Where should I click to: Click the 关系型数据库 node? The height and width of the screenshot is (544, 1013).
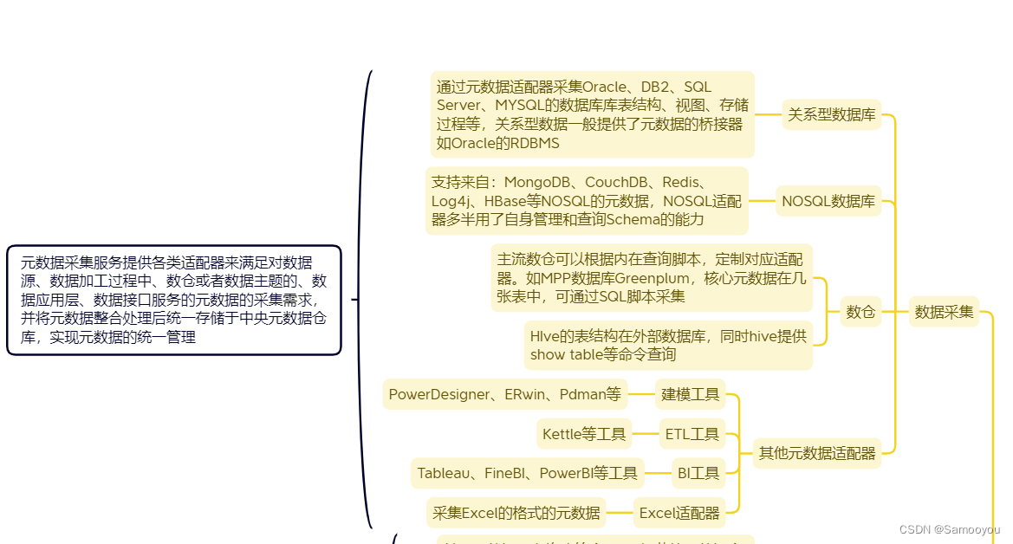click(x=831, y=114)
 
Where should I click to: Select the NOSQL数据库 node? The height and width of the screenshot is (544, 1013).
click(x=828, y=202)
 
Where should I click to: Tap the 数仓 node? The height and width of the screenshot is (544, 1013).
click(x=860, y=312)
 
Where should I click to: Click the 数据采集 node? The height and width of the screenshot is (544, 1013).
click(x=944, y=312)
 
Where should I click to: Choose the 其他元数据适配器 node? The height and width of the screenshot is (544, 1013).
click(x=817, y=452)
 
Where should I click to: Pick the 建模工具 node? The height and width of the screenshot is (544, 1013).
click(x=691, y=395)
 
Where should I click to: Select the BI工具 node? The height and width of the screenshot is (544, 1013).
click(x=698, y=473)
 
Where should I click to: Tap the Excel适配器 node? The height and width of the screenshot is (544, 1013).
click(x=679, y=513)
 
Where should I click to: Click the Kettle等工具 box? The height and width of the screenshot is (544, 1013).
click(x=584, y=434)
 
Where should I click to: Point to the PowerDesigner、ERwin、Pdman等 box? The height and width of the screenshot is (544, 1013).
click(x=505, y=395)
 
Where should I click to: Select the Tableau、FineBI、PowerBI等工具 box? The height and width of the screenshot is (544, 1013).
click(x=527, y=473)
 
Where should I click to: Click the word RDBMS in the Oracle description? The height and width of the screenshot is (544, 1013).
click(x=534, y=143)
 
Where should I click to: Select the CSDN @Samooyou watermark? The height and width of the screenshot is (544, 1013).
click(x=949, y=529)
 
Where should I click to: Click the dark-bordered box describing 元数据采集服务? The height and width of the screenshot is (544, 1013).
click(x=174, y=300)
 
